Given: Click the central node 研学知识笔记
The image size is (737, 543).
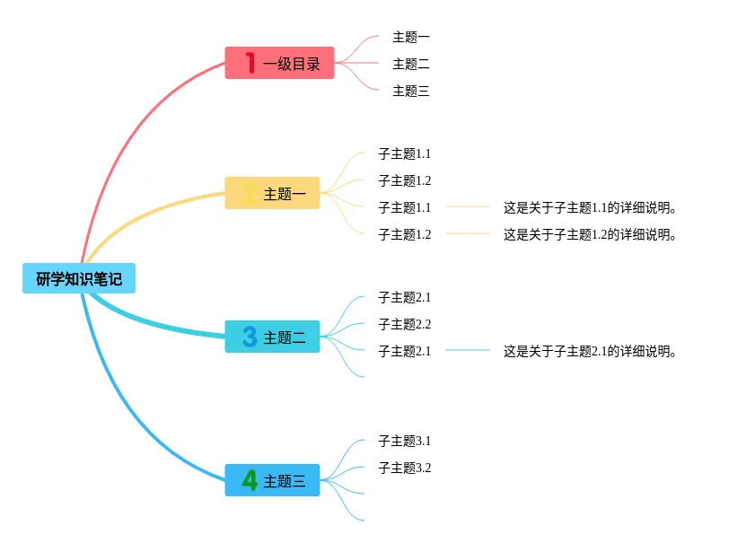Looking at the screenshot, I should click(79, 278).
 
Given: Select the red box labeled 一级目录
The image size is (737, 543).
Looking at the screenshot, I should click(279, 63).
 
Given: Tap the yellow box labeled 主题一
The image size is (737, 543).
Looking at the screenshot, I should click(272, 193).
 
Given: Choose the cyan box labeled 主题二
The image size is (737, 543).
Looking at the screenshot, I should click(272, 337).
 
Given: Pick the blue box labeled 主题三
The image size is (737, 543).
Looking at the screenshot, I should click(272, 480).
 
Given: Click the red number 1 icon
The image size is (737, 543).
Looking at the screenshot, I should click(250, 63).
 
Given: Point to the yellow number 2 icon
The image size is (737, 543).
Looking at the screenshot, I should click(250, 193).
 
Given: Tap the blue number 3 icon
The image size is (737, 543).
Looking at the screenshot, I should click(250, 337).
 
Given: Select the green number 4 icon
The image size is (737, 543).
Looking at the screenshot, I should click(250, 480).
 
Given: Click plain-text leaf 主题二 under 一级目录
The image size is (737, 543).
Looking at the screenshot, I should click(411, 64).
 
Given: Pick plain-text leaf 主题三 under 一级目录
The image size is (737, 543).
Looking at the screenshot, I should click(411, 91).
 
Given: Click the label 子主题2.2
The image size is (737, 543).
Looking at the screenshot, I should click(405, 324).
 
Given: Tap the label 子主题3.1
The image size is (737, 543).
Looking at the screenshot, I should click(405, 441).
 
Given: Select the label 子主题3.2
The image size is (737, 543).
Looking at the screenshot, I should click(405, 468).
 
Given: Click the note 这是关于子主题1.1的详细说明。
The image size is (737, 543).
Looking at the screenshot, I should click(589, 207).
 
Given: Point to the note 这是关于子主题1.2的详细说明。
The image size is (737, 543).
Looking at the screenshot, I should click(589, 234).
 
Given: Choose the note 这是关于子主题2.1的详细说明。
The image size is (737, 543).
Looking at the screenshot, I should click(589, 351).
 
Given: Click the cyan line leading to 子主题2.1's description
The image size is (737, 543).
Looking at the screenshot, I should click(468, 350).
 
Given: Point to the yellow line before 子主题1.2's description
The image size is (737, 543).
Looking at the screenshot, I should click(468, 233).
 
